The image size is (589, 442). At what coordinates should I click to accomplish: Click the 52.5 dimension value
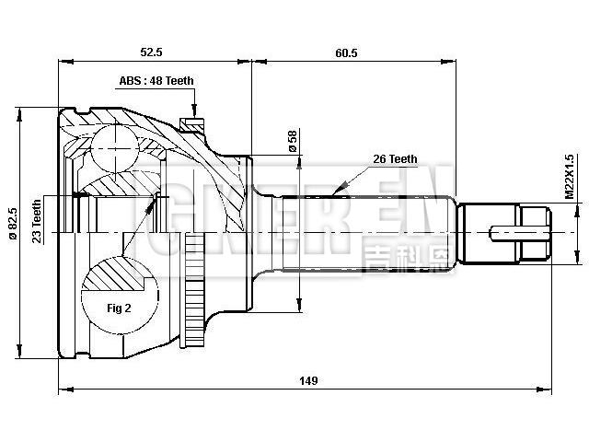[x=154, y=53]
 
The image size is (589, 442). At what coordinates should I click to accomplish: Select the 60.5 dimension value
[x=347, y=53]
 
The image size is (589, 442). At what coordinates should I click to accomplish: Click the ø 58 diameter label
[x=293, y=142]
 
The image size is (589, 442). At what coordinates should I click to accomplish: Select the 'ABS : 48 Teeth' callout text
[x=156, y=80]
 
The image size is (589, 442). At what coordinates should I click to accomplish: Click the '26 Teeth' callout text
[x=395, y=159]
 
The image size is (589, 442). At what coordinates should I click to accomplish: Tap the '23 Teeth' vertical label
[x=37, y=221]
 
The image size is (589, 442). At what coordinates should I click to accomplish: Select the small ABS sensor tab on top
[x=191, y=122]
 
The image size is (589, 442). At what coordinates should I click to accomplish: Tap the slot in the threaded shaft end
[x=508, y=232]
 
